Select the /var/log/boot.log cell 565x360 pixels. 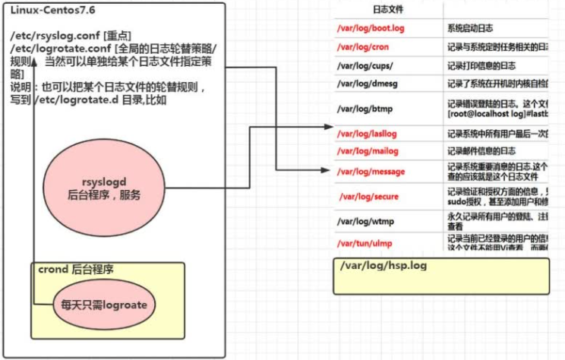[x=371, y=28]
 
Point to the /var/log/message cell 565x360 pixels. [x=371, y=172]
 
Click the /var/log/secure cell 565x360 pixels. [x=369, y=197]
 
